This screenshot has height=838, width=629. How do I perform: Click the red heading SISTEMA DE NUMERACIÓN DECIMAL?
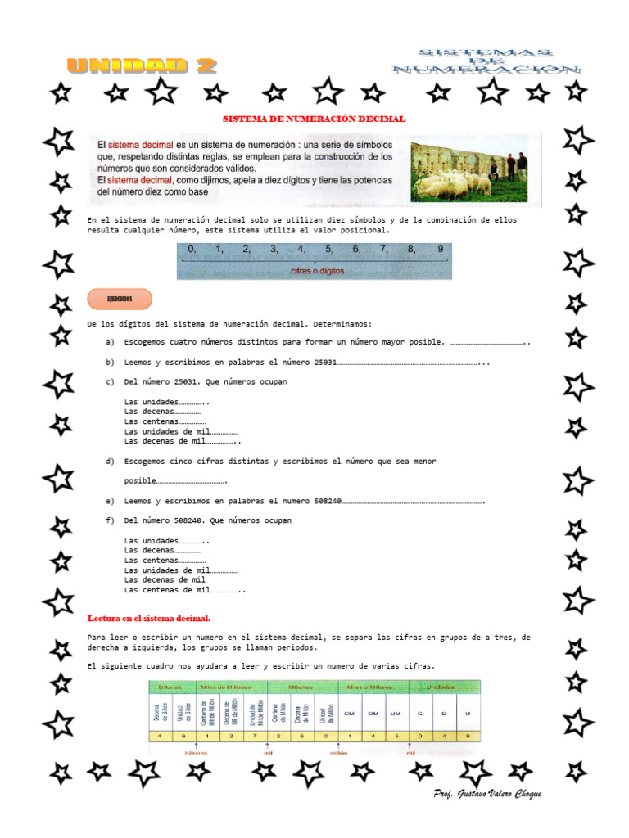pos(315,119)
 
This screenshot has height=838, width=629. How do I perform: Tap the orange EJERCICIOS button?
pos(119,300)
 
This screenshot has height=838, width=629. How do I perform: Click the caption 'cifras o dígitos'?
pos(317,270)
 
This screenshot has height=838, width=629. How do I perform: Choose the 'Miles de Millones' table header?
pos(231,686)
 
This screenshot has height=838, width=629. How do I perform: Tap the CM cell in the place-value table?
pos(350,714)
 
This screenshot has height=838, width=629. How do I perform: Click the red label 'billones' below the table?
pos(197,752)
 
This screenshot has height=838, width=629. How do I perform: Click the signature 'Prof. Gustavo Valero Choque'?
pos(487,795)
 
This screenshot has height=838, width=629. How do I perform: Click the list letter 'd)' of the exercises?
pos(109,462)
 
